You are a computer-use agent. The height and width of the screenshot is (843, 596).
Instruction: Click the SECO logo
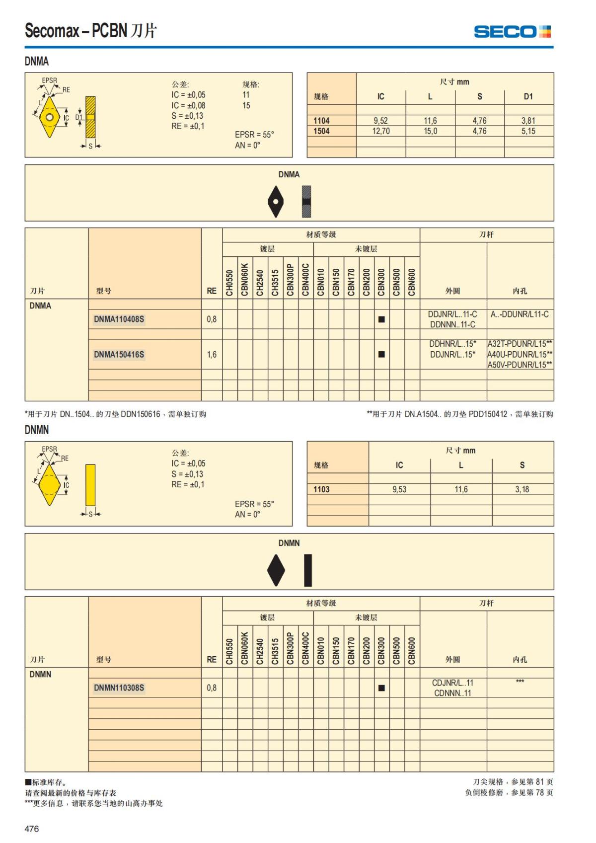point(512,32)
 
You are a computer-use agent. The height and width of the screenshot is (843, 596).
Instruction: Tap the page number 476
point(32,828)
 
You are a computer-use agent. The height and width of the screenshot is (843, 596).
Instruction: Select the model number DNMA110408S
point(119,319)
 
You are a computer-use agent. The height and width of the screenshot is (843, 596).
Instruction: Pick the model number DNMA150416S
point(119,355)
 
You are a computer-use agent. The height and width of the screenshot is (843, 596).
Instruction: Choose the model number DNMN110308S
point(119,688)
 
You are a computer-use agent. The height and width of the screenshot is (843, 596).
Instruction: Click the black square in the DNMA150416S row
point(381,354)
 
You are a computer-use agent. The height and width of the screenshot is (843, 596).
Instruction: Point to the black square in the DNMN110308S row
point(381,688)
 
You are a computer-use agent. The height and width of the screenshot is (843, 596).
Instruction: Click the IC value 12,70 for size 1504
point(381,131)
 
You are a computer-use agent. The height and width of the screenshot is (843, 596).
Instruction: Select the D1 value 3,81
point(528,120)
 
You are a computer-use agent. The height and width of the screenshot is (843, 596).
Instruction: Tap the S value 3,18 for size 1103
point(522,489)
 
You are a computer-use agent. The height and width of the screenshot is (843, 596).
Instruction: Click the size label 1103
point(321,489)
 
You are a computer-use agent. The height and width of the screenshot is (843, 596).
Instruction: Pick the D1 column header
point(528,97)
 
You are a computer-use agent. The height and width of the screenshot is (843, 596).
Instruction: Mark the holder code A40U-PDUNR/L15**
point(520,354)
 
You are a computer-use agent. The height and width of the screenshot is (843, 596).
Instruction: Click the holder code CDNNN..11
point(452,693)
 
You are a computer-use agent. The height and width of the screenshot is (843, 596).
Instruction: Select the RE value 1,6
point(212,355)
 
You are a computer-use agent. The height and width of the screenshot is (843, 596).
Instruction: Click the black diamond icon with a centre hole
point(276,202)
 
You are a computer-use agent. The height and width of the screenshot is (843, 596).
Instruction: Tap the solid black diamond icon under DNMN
point(276,570)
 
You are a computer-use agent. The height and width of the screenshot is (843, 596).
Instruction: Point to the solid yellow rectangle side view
point(90,485)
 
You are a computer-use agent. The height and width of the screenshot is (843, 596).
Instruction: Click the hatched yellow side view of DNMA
point(90,117)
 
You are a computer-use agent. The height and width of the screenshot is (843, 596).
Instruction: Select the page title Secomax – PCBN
point(76,30)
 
